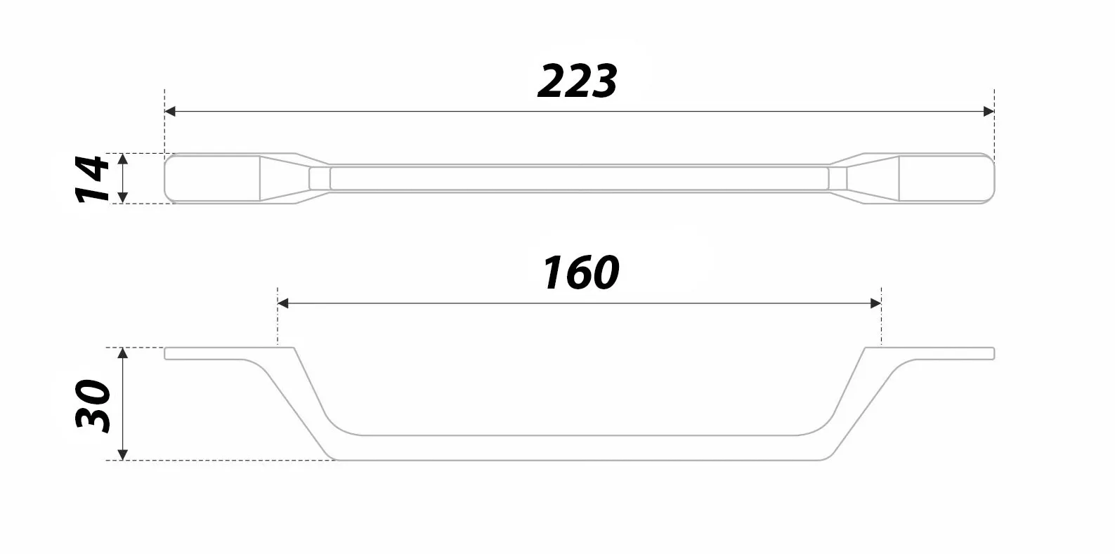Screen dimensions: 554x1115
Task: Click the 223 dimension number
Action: (577, 81)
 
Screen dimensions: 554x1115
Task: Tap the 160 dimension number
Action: (580, 273)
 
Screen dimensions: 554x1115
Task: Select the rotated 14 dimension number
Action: (93, 178)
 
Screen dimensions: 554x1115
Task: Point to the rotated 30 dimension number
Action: (93, 405)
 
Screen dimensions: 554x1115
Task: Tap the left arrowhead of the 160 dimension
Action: (283, 303)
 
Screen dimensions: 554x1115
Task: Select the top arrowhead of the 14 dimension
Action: (123, 159)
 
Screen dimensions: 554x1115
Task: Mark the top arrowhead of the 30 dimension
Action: (123, 353)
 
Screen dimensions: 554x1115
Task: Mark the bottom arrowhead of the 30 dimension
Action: (123, 454)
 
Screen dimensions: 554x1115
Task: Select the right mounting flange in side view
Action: (941, 353)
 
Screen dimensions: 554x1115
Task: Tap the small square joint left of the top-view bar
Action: (320, 178)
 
